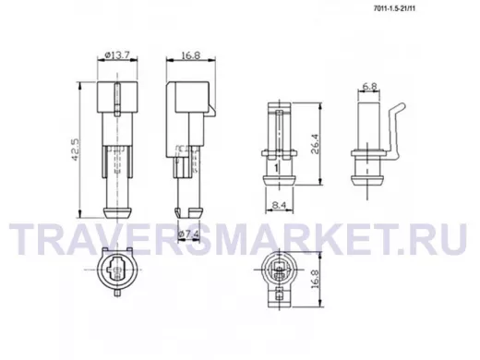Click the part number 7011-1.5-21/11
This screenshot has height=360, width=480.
point(394,8)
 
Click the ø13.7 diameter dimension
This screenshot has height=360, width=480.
point(117,55)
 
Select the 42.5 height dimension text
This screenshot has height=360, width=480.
point(76,150)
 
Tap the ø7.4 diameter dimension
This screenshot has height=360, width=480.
point(188,235)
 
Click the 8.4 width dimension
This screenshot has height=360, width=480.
point(279,205)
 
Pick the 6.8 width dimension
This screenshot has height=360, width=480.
point(369,87)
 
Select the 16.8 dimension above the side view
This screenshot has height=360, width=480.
point(191,55)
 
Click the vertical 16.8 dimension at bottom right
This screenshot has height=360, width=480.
point(315,279)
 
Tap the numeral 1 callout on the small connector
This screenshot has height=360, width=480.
point(276,168)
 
